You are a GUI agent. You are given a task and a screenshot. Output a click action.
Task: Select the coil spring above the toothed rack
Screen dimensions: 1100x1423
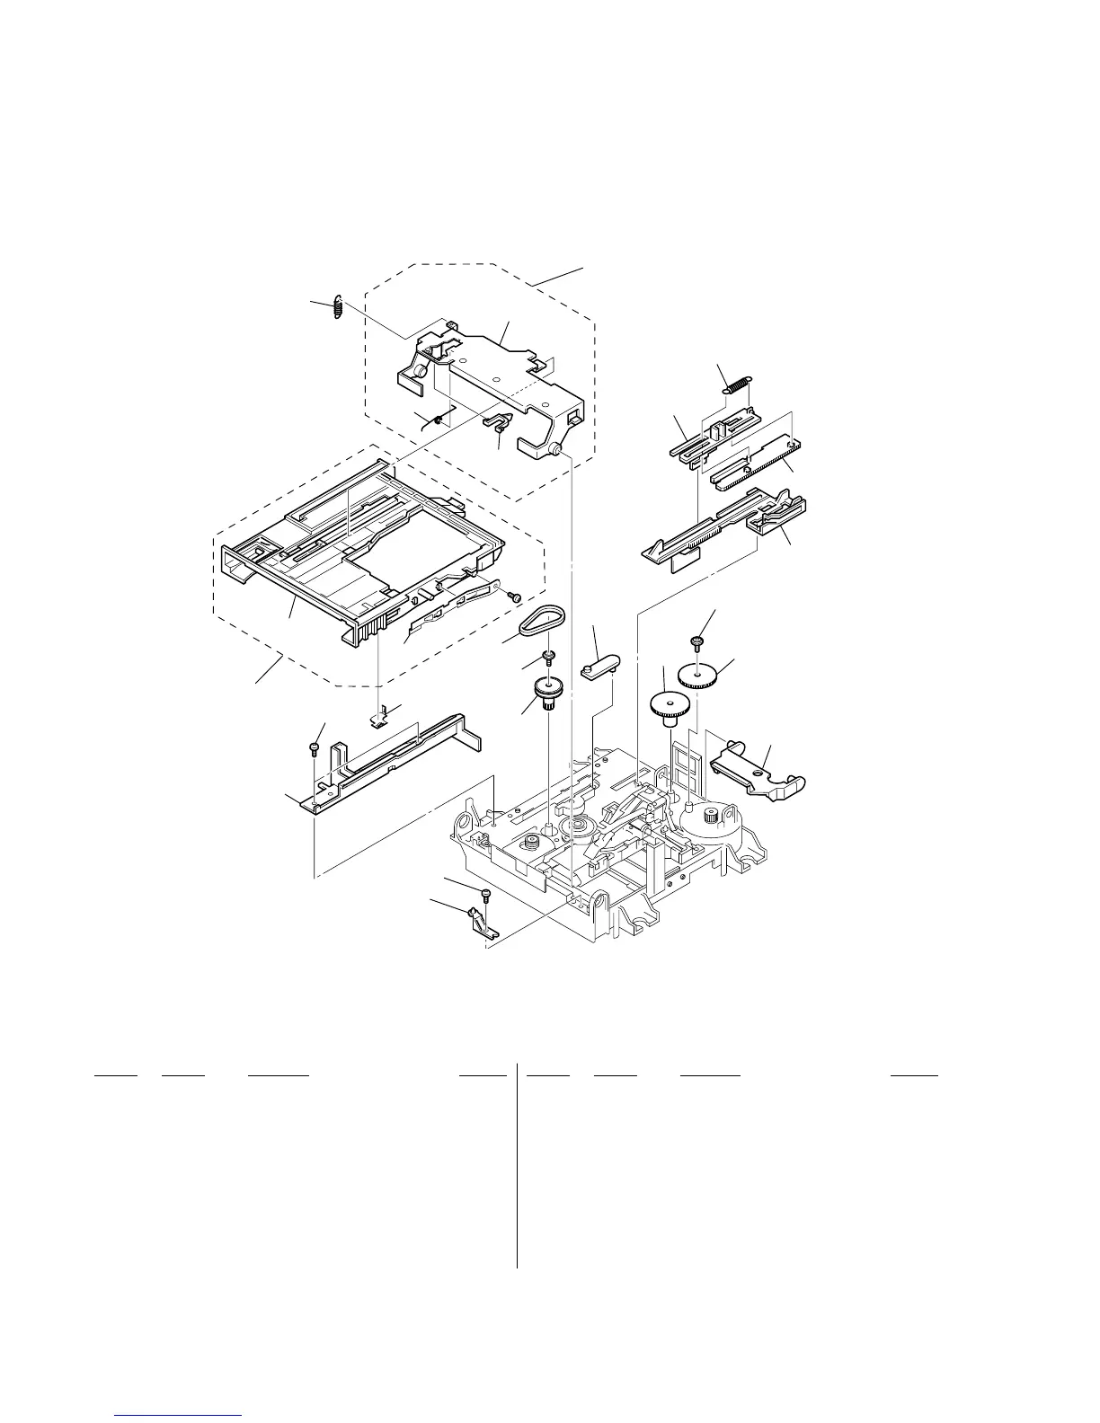tap(736, 384)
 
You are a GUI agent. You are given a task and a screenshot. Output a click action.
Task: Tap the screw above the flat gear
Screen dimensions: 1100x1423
tap(696, 642)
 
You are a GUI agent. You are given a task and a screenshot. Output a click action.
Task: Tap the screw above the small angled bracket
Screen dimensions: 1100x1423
tap(486, 895)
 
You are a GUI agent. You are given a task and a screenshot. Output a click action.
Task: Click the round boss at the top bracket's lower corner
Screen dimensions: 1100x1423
tap(554, 448)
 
